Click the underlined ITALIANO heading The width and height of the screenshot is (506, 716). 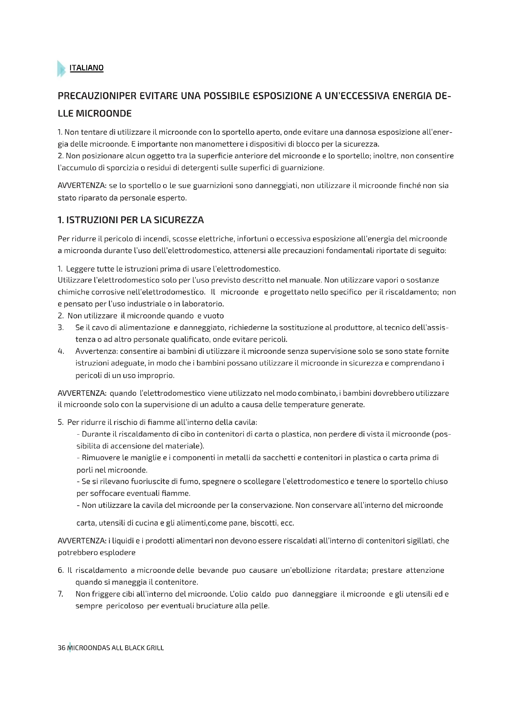point(86,68)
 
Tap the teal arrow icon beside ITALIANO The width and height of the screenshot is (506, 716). point(61,69)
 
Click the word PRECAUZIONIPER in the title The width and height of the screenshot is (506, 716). point(97,96)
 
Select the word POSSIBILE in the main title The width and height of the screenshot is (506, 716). point(226,96)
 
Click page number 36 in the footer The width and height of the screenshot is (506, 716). point(61,648)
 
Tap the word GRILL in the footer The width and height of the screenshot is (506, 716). point(155,648)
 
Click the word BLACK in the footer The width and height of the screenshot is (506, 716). point(135,648)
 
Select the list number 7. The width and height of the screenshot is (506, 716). point(61,594)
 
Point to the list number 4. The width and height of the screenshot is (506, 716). point(61,351)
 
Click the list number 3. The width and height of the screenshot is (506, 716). point(61,328)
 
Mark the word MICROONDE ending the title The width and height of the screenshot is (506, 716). point(104,114)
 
